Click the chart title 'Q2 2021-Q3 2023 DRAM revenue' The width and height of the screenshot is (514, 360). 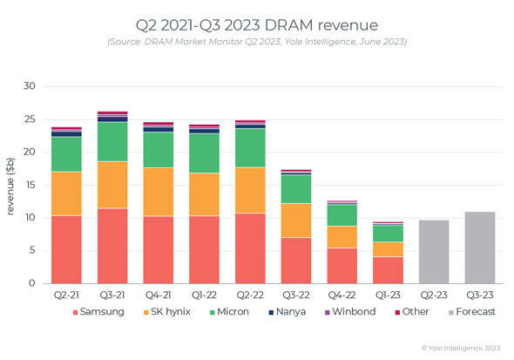pyautogui.click(x=257, y=25)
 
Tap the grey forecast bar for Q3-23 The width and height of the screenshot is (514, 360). pyautogui.click(x=479, y=248)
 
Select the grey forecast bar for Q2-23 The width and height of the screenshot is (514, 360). pyautogui.click(x=434, y=252)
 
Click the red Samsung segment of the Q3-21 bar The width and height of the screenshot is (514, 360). pyautogui.click(x=112, y=246)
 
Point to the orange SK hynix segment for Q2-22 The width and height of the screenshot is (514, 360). pyautogui.click(x=250, y=190)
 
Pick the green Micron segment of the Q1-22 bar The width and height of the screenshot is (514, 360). pyautogui.click(x=204, y=153)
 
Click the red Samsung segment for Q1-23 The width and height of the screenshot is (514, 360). pyautogui.click(x=388, y=270)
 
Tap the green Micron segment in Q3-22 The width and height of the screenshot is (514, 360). pyautogui.click(x=296, y=189)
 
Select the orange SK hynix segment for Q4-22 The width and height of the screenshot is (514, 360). pyautogui.click(x=342, y=237)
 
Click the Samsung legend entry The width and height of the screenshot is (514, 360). pyautogui.click(x=98, y=311)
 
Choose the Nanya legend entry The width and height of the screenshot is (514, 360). pyautogui.click(x=287, y=311)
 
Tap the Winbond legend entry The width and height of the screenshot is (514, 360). pyautogui.click(x=350, y=311)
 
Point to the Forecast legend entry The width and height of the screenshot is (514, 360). pyautogui.click(x=472, y=311)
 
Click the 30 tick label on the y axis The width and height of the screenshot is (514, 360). pyautogui.click(x=29, y=86)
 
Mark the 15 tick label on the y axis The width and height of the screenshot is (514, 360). pyautogui.click(x=30, y=185)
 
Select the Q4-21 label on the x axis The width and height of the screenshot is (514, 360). pyautogui.click(x=159, y=295)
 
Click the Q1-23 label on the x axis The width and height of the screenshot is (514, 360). pyautogui.click(x=388, y=295)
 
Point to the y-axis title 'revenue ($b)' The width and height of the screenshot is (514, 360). pyautogui.click(x=10, y=187)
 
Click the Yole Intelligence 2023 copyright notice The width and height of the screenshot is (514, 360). pyautogui.click(x=461, y=348)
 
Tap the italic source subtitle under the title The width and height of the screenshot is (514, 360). pyautogui.click(x=257, y=42)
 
